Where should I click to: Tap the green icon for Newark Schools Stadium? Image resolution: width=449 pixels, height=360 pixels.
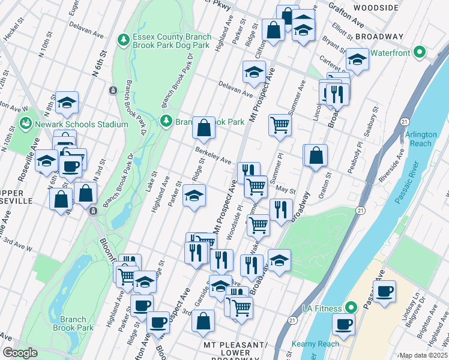(x=25, y=124)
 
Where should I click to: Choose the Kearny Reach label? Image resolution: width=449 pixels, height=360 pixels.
(x=316, y=344)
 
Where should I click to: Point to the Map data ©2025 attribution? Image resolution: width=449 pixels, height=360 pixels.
(x=423, y=355)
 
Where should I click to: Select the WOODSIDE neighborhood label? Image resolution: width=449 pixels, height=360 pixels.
(x=376, y=8)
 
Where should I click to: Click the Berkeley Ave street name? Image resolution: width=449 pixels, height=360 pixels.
(x=212, y=157)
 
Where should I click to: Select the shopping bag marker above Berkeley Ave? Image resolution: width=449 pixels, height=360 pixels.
(x=204, y=127)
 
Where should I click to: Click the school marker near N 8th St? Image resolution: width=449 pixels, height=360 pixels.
(x=67, y=103)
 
